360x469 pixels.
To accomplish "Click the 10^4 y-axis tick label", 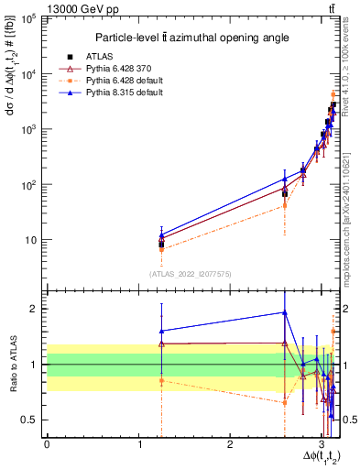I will [28, 74].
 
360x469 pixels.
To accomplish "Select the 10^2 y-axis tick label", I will [28, 185].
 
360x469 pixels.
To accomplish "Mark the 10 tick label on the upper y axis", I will [30, 240].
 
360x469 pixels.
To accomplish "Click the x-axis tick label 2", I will [230, 443].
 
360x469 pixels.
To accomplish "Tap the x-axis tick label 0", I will [47, 443].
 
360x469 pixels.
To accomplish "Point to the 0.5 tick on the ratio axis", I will [32, 420].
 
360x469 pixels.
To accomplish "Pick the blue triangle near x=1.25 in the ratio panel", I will [161, 331].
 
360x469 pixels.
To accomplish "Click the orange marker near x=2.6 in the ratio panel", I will [285, 402].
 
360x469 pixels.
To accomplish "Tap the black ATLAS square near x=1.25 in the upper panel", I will [161, 245].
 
